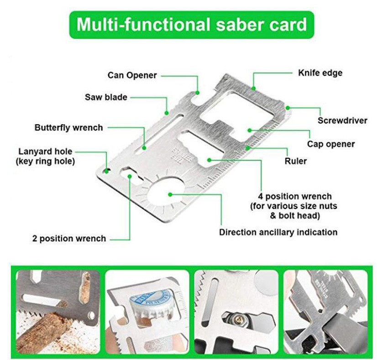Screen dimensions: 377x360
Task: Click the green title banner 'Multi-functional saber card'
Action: pos(191,24)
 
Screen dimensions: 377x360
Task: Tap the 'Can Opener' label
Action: pos(132,75)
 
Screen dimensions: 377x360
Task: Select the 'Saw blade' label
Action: pos(106,97)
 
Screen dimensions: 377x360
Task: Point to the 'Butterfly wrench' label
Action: pos(68,127)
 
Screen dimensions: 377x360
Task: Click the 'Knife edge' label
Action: pos(320,73)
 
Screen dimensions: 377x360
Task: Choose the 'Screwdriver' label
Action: pos(342,120)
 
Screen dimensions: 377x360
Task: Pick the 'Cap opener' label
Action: pos(330,144)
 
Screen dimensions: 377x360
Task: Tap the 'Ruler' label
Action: pos(295,161)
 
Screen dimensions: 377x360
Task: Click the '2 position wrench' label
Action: pos(69,238)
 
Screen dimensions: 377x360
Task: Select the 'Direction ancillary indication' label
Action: pos(278,232)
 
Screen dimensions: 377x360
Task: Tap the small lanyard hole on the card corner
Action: pos(106,171)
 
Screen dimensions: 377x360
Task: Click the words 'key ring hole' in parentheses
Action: pos(45,161)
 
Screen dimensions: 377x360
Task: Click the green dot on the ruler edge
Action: pos(247,148)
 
